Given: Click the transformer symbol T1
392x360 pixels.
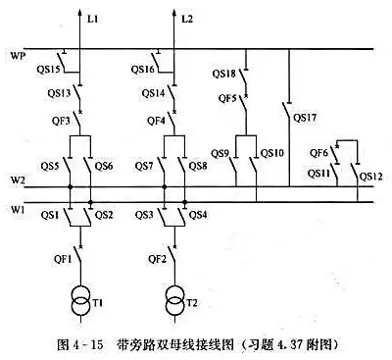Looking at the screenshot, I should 80,299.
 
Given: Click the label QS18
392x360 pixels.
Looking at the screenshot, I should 224,75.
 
